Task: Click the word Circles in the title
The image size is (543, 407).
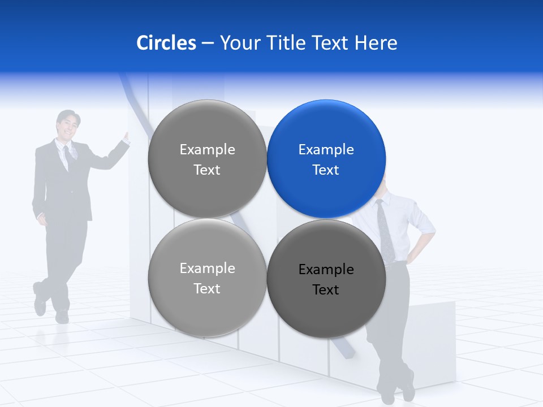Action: click(x=166, y=43)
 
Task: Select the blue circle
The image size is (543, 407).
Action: click(x=326, y=159)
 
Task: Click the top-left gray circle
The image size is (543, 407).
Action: click(x=207, y=159)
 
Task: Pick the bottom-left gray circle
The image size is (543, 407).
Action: click(x=207, y=278)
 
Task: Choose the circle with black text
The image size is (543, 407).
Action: click(x=326, y=279)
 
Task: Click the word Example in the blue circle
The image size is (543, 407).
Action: click(x=326, y=150)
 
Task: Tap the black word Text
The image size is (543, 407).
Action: click(x=326, y=290)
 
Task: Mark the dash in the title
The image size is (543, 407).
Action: click(x=208, y=44)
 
